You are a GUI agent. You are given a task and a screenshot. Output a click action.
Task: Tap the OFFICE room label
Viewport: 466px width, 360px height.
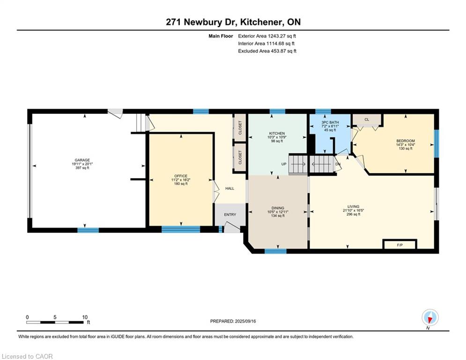point(180,176)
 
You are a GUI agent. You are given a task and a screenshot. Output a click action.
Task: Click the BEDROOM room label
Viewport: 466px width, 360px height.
point(406,141)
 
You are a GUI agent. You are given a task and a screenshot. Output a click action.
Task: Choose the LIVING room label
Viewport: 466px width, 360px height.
point(353,206)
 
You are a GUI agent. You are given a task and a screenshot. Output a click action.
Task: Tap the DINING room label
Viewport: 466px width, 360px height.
point(278,207)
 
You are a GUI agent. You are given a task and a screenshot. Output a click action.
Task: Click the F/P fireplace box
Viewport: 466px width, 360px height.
point(399,245)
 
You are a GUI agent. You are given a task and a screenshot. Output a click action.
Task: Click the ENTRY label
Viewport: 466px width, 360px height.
point(230,215)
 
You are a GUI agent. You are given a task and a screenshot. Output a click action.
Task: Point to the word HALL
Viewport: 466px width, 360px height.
point(229,188)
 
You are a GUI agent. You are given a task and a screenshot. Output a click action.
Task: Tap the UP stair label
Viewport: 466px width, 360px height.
point(284,164)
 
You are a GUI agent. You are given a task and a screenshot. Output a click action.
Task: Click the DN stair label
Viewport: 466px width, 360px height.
point(338,164)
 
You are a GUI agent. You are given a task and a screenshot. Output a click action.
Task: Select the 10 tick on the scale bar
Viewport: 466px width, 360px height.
point(85,317)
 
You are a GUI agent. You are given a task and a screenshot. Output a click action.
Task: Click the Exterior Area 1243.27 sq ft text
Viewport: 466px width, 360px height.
point(267,36)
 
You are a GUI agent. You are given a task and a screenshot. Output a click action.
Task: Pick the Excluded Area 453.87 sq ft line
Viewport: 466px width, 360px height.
point(267,51)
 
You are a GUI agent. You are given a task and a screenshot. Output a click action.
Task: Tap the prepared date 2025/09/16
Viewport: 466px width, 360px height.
point(233,321)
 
